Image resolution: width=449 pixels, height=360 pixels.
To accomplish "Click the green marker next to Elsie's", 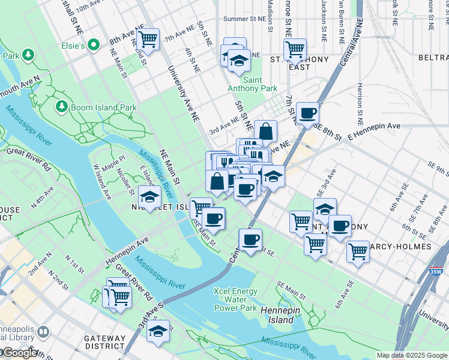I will pyautogui.click(x=94, y=44).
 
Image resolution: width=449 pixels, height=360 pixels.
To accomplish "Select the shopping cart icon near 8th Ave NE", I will pyautogui.click(x=148, y=40).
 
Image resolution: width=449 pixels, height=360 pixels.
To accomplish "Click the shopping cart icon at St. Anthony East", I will pyautogui.click(x=295, y=50).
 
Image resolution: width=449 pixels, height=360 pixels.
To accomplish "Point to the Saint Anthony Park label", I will pyautogui.click(x=260, y=84).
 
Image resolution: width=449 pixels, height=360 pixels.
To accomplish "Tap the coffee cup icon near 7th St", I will pyautogui.click(x=307, y=113).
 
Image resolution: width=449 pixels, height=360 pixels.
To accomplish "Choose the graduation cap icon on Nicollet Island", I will pyautogui.click(x=149, y=197).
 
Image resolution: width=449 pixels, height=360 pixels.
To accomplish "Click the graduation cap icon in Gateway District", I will pyautogui.click(x=158, y=331).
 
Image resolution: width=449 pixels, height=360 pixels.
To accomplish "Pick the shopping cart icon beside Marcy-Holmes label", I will pyautogui.click(x=358, y=251).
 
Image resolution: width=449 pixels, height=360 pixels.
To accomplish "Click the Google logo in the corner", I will pyautogui.click(x=19, y=353).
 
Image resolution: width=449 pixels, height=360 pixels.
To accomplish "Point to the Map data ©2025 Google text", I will pyautogui.click(x=412, y=355).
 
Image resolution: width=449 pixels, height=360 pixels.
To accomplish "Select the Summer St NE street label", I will pyautogui.click(x=244, y=19).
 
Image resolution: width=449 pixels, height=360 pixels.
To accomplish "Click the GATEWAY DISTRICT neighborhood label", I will pyautogui.click(x=105, y=343).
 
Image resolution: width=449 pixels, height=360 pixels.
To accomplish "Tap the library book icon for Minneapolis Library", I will pyautogui.click(x=44, y=332).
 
